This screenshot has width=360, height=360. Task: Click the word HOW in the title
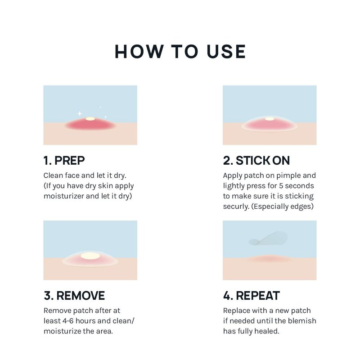click(139, 52)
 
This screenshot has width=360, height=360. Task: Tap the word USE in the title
click(226, 52)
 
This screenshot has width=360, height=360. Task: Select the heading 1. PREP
click(64, 161)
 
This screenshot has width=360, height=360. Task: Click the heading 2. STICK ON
click(256, 161)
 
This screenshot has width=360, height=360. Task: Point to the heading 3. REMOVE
click(74, 296)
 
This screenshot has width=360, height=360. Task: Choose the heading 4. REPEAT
click(252, 296)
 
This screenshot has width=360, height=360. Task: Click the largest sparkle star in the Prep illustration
click(80, 113)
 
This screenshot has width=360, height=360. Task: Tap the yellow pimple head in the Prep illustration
click(90, 119)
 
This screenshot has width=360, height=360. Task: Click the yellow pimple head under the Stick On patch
click(270, 119)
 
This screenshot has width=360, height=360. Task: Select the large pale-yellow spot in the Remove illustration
click(90, 256)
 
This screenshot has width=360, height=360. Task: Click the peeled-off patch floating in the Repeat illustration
click(268, 239)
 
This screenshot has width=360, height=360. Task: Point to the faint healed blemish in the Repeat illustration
click(269, 259)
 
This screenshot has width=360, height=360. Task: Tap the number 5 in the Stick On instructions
click(281, 186)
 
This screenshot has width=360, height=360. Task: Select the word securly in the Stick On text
click(236, 207)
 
